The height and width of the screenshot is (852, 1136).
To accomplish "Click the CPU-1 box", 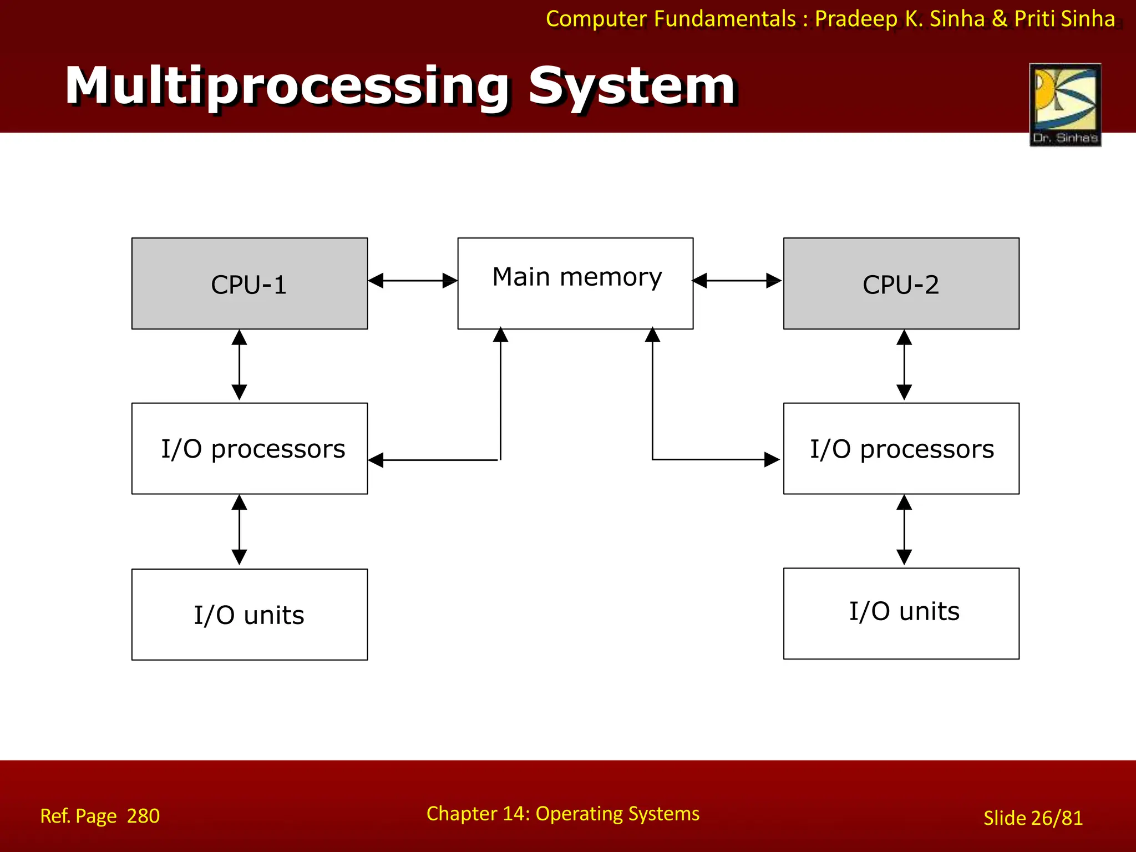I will tap(249, 283).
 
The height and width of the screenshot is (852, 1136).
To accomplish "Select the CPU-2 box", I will tap(901, 283).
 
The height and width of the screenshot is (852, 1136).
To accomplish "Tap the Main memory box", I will tap(575, 283).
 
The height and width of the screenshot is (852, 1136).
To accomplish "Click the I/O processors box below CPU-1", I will tap(249, 448).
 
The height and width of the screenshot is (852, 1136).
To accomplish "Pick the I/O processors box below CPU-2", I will tap(901, 448).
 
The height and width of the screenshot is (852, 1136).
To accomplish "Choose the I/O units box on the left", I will tap(249, 614).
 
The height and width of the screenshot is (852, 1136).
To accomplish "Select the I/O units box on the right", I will tap(901, 613).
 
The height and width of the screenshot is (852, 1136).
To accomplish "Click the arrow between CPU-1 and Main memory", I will tap(412, 281).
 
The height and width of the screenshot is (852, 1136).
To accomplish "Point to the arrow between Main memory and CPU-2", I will tap(737, 281).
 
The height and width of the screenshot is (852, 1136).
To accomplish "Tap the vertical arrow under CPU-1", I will tap(239, 365).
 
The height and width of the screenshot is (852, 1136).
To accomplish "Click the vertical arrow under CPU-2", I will tap(904, 365).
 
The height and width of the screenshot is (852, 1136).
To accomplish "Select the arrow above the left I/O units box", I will tap(239, 530).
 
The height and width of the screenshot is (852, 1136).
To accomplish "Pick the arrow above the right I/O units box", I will tap(904, 530).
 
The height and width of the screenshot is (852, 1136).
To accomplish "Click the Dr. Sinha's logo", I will tap(1065, 104).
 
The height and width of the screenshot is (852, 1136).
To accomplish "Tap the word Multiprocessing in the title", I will tap(287, 87).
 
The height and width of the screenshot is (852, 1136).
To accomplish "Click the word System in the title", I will tap(631, 87).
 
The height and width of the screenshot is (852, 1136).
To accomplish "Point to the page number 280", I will tap(143, 816).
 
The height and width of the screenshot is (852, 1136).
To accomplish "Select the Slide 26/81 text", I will tap(1033, 818).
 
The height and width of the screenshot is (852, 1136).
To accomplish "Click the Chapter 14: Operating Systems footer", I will tap(562, 814).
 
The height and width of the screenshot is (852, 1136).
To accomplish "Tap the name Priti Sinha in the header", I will tap(1064, 19).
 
